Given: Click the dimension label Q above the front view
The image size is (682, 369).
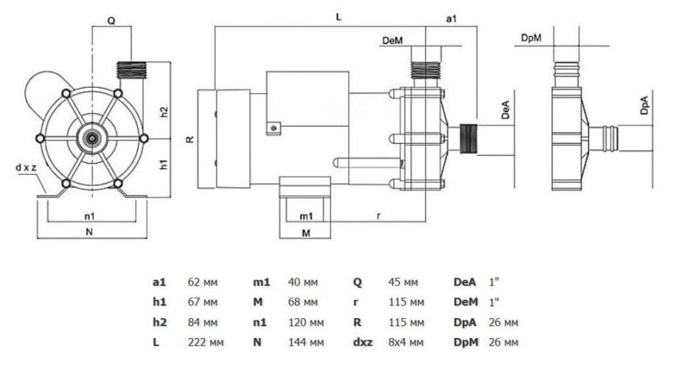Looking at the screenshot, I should click(111, 21).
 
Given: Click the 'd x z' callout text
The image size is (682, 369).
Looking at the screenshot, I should click(27, 168).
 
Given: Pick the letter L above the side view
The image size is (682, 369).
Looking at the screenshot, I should click(338, 16).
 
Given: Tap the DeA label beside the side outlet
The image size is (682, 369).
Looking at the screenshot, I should click(505, 111).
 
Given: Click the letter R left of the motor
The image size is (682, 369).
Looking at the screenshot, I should click(190, 138).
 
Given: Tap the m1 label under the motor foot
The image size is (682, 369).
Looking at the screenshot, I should click(307, 216).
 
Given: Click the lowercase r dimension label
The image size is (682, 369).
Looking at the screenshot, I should click(379, 216).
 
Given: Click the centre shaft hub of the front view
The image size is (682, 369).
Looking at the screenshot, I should click(92, 138).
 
